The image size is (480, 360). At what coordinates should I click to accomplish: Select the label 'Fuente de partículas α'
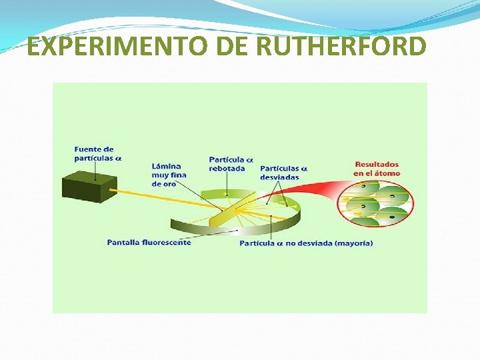[x=97, y=154]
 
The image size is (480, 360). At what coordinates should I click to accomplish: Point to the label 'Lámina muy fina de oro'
[x=169, y=175]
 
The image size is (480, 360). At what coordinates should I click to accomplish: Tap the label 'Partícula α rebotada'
[x=231, y=164]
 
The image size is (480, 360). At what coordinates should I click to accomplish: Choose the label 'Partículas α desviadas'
[x=283, y=173]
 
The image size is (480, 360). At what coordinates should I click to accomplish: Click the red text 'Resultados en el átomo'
[x=377, y=169]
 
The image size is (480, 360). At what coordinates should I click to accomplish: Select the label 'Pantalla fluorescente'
[x=149, y=242]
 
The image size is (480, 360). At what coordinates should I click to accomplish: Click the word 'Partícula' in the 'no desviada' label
[x=257, y=243]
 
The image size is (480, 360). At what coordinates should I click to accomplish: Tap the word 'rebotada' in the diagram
[x=227, y=169]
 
